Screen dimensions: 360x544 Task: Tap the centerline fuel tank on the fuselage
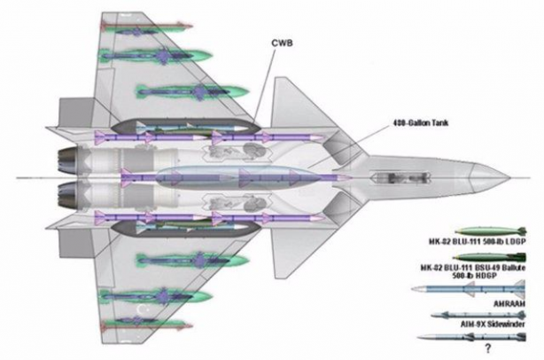pyautogui.click(x=239, y=176)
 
